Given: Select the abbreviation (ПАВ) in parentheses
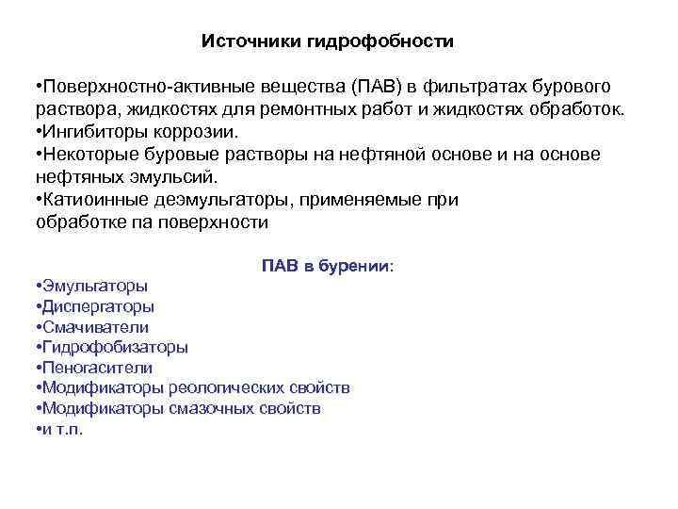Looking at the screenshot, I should coord(379,88).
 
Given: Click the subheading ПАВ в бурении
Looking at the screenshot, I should coord(328,266).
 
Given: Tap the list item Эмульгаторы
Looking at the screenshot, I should coord(94,286).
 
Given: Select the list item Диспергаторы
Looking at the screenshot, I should coord(98,306).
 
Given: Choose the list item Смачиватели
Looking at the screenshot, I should coord(95,327).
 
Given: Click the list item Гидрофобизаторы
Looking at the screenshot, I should coord(114,347).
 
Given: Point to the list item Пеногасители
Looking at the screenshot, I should coord(96,368).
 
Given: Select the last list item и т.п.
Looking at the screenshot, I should coord(61,429).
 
